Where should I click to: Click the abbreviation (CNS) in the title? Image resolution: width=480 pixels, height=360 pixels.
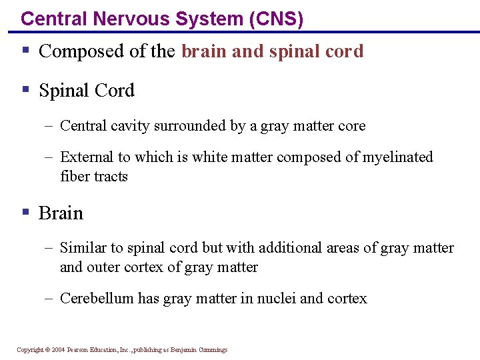[275, 19]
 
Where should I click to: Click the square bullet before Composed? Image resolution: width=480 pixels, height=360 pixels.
[25, 51]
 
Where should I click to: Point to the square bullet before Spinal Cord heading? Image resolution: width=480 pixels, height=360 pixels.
[25, 89]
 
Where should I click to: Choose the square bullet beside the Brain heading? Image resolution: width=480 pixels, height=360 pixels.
[25, 212]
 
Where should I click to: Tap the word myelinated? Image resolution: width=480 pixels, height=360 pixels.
[399, 157]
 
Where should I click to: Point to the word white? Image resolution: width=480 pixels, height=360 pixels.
[209, 157]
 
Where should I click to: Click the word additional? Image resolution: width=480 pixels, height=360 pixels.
[290, 248]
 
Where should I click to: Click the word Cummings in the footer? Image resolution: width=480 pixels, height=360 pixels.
[212, 350]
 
